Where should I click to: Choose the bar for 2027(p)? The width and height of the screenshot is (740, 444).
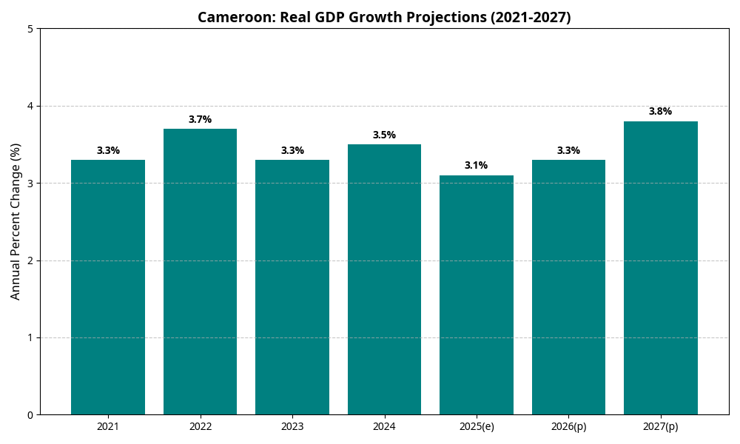coord(660,268)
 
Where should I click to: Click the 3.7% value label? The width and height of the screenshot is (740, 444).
coord(200,119)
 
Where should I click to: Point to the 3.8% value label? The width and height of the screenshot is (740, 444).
coord(660,112)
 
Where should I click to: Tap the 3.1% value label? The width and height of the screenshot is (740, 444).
coord(476,166)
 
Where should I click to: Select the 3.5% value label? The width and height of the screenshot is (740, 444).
coord(384,135)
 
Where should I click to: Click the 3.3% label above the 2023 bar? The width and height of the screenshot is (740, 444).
coord(292,150)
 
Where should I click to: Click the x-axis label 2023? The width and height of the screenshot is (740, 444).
coord(292,427)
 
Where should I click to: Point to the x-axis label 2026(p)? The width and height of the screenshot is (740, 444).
coord(568,427)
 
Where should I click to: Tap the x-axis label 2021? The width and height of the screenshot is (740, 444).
coord(108,427)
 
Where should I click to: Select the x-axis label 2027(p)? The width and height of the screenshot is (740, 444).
coord(660,427)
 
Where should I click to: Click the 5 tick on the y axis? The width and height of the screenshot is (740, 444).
coord(30,29)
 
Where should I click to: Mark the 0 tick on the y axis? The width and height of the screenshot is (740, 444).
coord(30,415)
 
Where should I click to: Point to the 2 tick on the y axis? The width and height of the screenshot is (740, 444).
coord(30,260)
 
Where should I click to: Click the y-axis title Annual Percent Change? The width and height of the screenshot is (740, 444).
coord(16,221)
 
